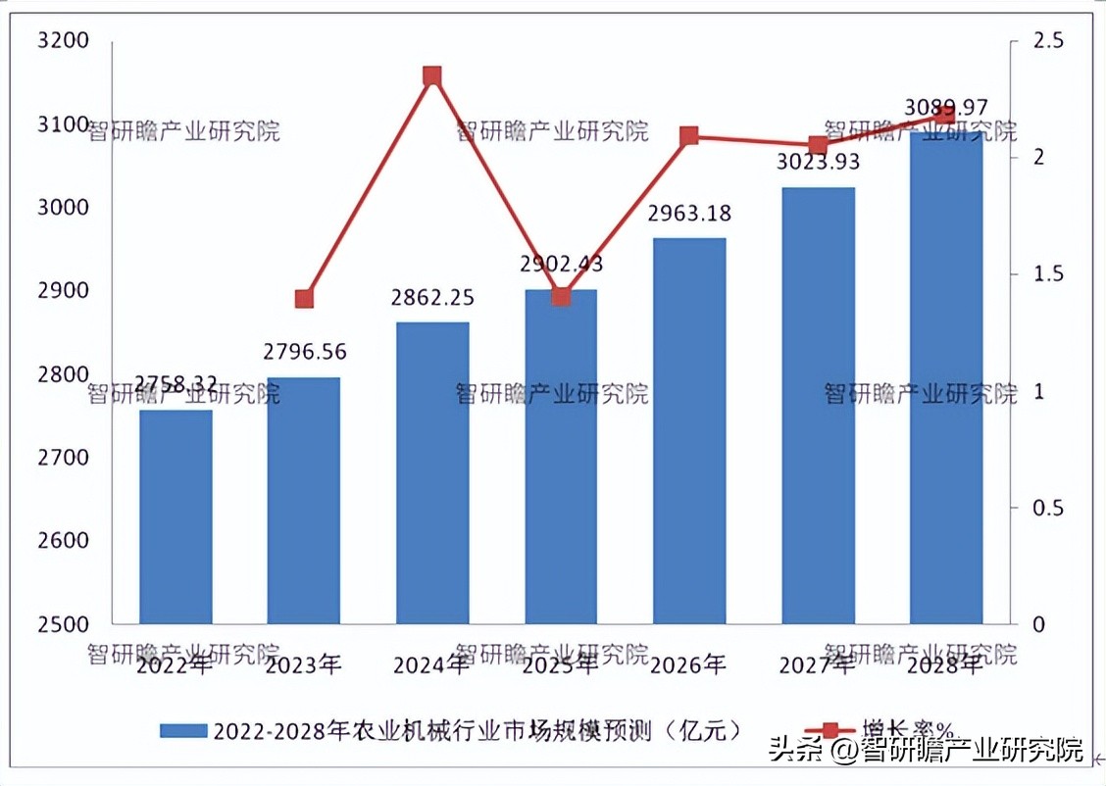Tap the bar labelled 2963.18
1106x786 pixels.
689,431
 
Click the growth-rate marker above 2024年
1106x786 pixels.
432,76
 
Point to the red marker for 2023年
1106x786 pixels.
304,299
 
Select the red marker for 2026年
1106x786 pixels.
689,135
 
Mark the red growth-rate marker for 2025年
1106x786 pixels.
561,296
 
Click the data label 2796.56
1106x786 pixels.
304,352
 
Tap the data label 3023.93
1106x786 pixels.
819,163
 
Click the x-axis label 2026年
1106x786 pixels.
689,665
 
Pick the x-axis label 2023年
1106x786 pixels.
304,665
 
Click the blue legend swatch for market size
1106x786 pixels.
182,731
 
